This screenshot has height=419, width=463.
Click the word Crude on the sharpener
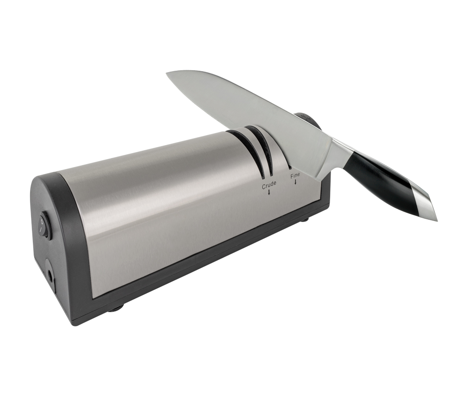pyautogui.click(x=269, y=183)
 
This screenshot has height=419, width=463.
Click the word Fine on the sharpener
pyautogui.click(x=295, y=175)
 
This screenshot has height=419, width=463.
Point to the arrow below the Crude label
pyautogui.click(x=269, y=192)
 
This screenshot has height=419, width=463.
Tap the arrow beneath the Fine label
pyautogui.click(x=295, y=182)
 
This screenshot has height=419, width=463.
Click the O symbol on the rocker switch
pyautogui.click(x=42, y=220)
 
